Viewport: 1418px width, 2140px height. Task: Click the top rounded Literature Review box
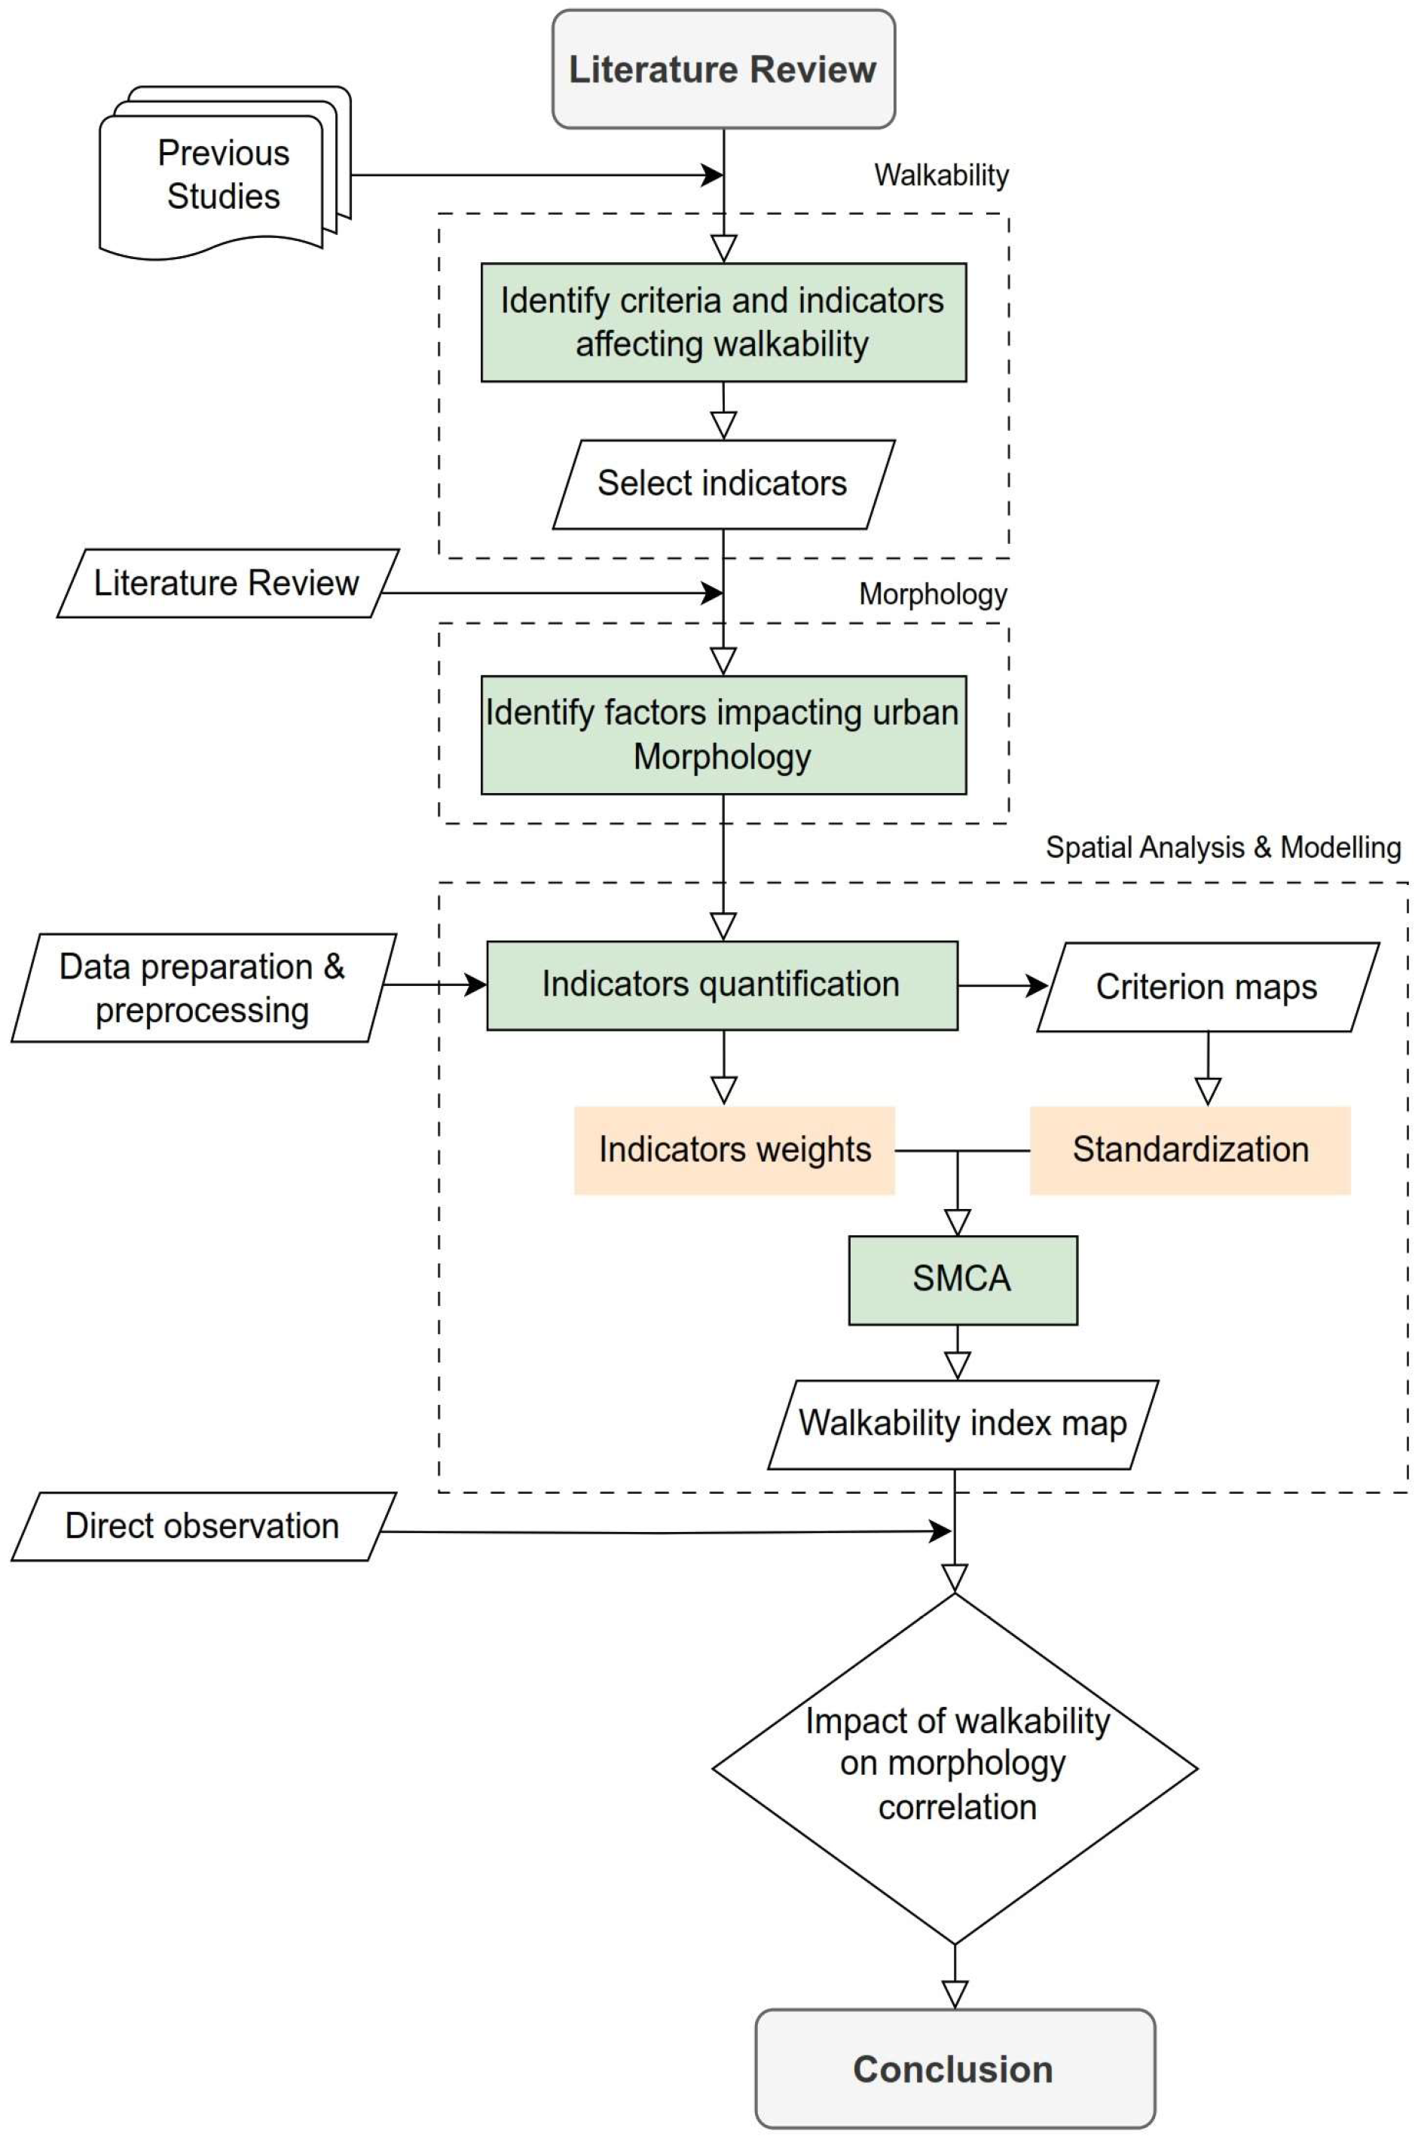tap(723, 69)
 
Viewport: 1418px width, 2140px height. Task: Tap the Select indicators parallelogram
tap(723, 484)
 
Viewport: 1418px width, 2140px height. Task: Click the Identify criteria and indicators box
tap(723, 322)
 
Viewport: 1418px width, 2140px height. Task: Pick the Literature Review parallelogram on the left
tap(226, 583)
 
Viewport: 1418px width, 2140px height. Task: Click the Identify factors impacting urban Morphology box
tap(723, 734)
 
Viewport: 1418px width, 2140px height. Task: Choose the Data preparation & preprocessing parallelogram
tap(203, 988)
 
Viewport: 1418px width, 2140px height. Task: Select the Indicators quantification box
tap(722, 985)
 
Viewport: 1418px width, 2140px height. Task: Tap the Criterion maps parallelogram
tap(1207, 988)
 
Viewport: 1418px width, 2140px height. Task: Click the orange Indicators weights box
tap(735, 1150)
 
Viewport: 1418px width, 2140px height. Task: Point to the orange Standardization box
tap(1190, 1150)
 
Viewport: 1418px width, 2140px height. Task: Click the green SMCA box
tap(962, 1279)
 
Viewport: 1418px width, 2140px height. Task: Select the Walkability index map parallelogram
tap(963, 1424)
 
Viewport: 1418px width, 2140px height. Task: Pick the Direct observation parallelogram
tap(203, 1526)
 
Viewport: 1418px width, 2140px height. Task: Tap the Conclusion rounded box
tap(955, 2068)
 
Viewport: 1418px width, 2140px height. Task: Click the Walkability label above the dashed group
tap(941, 176)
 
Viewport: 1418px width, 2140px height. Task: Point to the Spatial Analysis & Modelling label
tap(1223, 848)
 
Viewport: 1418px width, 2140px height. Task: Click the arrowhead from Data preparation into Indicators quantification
tap(475, 985)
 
